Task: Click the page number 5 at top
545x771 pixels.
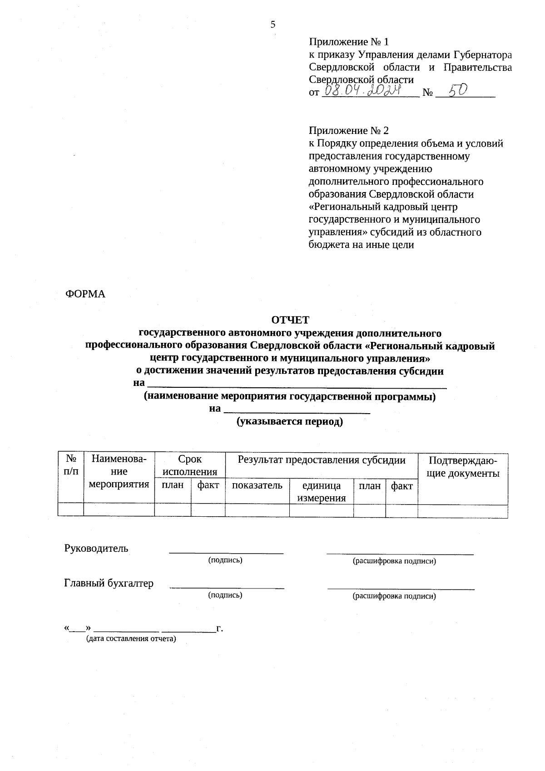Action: point(273,25)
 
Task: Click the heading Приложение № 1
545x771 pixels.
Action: point(349,42)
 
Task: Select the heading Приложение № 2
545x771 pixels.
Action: point(349,131)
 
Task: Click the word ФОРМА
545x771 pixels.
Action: point(85,294)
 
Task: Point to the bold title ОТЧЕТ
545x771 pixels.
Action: point(290,321)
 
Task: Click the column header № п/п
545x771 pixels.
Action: point(71,465)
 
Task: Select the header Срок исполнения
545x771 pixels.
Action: point(190,465)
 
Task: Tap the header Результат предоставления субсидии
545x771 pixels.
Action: point(322,460)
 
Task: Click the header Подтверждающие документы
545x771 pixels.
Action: point(463,467)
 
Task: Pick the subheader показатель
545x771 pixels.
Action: point(257,486)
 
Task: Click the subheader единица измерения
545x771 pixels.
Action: point(322,492)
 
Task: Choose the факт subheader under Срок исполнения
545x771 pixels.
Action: point(208,485)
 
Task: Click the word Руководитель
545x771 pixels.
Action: point(96,549)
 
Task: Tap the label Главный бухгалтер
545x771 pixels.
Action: point(109,583)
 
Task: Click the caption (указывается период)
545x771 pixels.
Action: point(290,422)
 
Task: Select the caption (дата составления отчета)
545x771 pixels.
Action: point(131,639)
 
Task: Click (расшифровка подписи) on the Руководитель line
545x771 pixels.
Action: point(394,561)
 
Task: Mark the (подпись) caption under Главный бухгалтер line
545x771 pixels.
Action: point(225,595)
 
